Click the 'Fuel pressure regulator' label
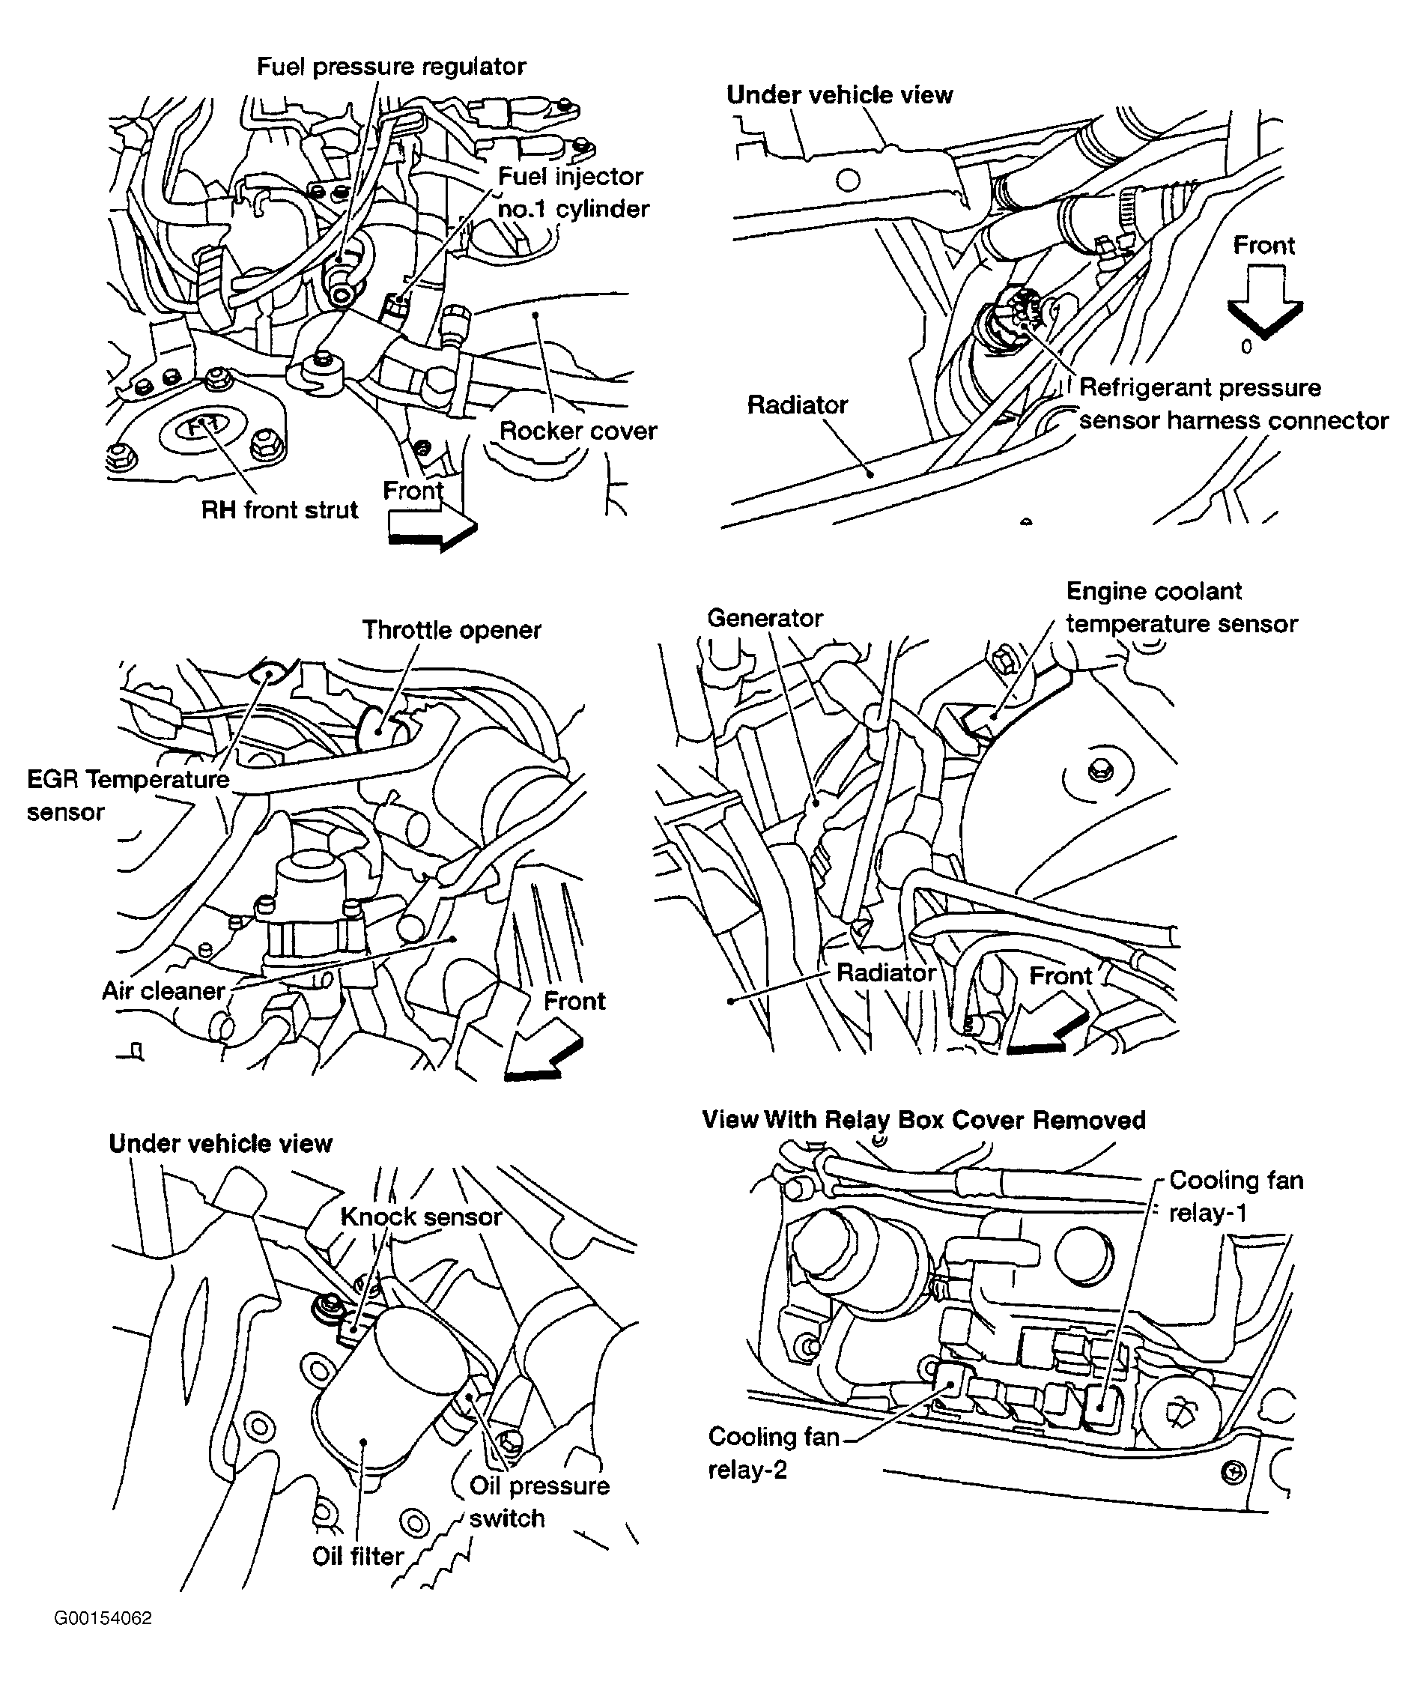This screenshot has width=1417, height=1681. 391,66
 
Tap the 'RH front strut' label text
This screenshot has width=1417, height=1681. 279,509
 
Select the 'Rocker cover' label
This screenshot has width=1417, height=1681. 577,431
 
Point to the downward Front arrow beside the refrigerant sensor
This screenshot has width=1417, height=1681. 1264,303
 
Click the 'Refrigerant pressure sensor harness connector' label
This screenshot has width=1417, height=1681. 1232,405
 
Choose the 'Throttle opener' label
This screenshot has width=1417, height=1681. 451,630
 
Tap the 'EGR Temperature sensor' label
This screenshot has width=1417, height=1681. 127,795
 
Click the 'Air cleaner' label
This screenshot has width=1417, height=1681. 163,991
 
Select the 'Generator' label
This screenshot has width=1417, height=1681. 765,618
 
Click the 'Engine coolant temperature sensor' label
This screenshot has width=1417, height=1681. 1181,608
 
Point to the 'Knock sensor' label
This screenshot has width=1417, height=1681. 421,1217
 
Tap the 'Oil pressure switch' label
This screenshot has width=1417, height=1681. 539,1502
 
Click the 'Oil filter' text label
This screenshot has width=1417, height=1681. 357,1556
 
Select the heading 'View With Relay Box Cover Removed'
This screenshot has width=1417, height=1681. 923,1119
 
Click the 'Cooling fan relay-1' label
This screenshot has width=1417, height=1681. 1235,1196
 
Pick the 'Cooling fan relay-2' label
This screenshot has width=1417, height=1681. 773,1453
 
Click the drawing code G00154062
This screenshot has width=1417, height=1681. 103,1618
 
